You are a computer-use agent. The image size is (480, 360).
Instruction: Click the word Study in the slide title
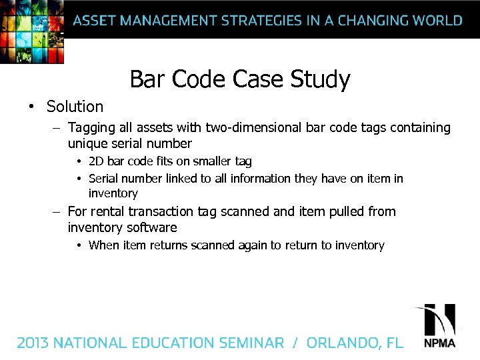click(320, 80)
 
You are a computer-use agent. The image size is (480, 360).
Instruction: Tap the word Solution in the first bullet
click(75, 107)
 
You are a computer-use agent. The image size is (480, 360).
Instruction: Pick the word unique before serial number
click(87, 143)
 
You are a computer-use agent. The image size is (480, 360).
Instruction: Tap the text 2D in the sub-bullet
click(96, 161)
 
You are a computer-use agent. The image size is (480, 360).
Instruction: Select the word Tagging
click(91, 127)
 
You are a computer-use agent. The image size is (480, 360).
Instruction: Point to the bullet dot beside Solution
click(31, 107)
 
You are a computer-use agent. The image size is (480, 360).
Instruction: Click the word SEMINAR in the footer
click(251, 343)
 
